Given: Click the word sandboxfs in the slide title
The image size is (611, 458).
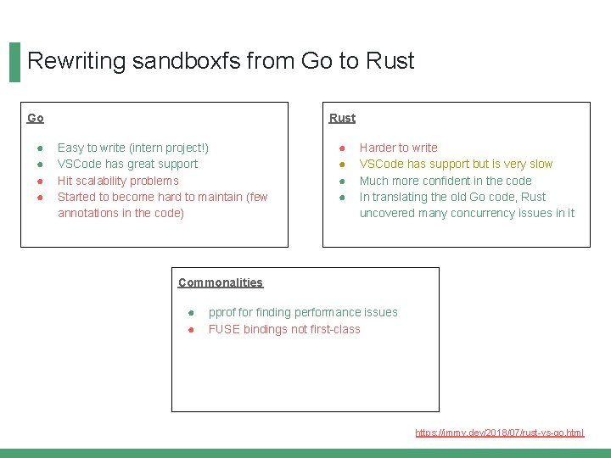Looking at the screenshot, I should click(x=177, y=61).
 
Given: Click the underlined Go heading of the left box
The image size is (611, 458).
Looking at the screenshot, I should click(x=36, y=118).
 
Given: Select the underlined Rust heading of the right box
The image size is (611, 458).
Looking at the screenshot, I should click(x=343, y=118).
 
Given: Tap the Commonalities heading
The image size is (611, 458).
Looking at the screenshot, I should click(x=221, y=282).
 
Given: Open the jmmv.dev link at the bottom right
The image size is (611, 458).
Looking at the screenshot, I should click(x=499, y=433).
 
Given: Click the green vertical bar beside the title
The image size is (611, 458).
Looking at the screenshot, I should click(x=14, y=62).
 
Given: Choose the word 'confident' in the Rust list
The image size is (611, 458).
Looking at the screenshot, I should click(x=456, y=181).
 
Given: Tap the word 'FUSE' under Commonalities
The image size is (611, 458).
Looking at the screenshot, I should click(x=224, y=329).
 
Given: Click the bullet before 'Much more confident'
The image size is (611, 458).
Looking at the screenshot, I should click(x=342, y=181).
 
